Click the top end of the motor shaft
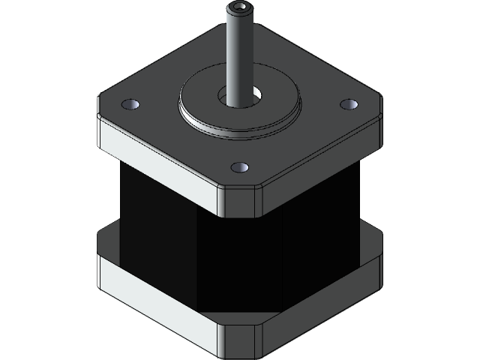coord(239,9)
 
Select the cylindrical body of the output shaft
coord(239,52)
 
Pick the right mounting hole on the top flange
coord(346,104)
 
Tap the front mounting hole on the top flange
coord(239,166)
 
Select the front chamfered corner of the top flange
coord(239,200)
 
